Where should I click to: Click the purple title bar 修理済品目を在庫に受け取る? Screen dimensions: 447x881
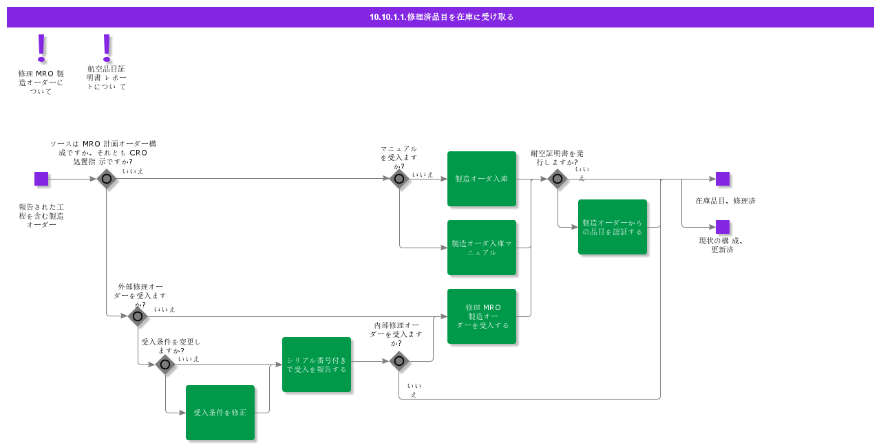point(440,17)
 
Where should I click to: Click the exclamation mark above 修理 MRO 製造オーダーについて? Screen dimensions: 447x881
point(41,48)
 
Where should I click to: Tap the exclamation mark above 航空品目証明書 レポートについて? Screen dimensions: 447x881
point(107,47)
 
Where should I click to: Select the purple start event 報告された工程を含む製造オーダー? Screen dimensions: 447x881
point(41,179)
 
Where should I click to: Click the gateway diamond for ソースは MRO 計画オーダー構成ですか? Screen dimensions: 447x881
point(107,179)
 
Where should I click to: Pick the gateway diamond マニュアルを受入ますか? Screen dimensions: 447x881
point(399,179)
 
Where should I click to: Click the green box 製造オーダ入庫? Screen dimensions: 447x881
point(481,179)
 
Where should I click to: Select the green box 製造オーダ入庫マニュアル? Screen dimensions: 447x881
point(481,248)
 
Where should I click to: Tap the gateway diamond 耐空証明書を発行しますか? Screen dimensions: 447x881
point(558,179)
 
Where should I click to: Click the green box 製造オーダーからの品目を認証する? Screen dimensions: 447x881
point(612,227)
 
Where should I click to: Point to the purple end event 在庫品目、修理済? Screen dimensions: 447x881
point(722,179)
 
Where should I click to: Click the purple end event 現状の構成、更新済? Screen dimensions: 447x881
point(722,227)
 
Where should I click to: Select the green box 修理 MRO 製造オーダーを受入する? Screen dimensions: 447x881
point(481,316)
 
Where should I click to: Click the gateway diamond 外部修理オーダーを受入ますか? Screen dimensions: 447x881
point(138,316)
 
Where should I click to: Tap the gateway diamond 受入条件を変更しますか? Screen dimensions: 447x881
point(165,364)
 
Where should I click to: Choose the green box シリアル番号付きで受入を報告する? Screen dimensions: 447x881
point(316,364)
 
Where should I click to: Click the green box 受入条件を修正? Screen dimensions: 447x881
point(220,413)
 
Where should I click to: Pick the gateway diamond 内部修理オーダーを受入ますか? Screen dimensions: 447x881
point(399,361)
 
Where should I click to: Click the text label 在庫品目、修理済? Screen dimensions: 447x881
point(725,201)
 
